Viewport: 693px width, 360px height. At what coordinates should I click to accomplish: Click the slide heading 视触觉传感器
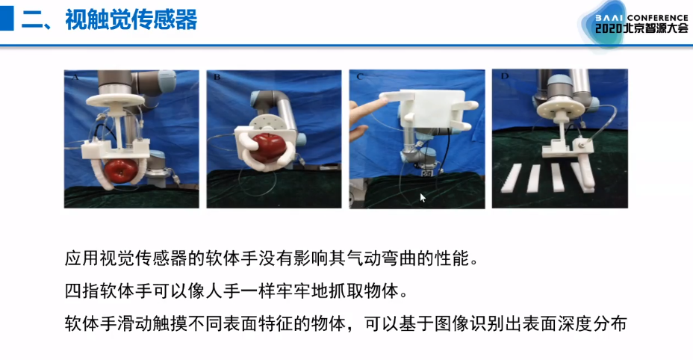131,20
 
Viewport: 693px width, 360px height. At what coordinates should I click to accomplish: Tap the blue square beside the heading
7,19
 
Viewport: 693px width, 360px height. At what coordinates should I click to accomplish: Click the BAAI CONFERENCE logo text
641,18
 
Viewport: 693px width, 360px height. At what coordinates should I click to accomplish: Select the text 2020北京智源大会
641,28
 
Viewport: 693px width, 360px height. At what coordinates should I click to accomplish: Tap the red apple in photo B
267,147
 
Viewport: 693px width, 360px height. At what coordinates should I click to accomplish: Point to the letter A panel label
75,78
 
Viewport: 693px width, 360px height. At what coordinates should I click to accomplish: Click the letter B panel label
217,77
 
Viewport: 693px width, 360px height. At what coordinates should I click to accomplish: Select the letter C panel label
359,76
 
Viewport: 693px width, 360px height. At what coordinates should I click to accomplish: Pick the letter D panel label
504,76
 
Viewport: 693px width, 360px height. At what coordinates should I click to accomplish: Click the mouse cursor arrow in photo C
423,198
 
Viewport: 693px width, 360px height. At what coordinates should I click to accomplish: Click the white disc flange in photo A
116,99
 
